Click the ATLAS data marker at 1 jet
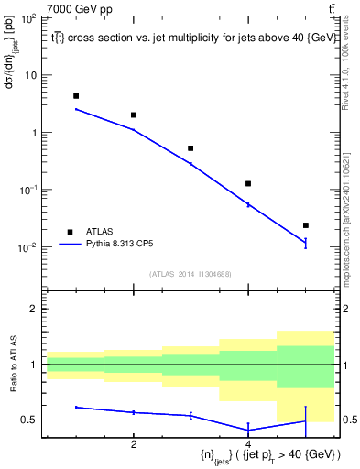click(x=76, y=95)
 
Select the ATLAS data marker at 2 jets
click(x=134, y=115)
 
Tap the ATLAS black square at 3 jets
click(x=191, y=147)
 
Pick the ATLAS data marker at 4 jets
click(x=248, y=183)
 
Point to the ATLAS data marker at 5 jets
click(x=305, y=224)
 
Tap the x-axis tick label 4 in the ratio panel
click(x=248, y=444)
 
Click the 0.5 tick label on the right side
click(x=349, y=420)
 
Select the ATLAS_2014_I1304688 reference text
click(x=191, y=274)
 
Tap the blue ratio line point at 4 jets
click(x=248, y=430)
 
